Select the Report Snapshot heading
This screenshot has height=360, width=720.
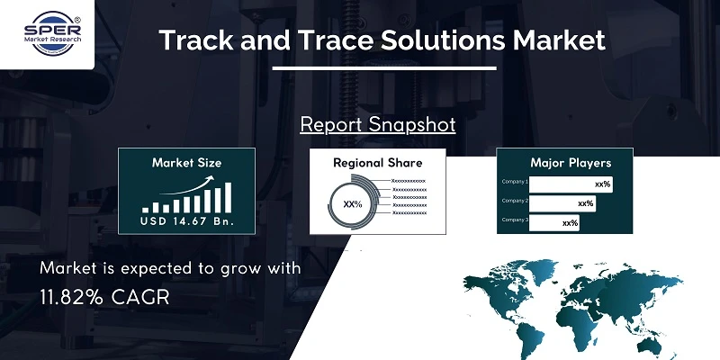tap(378, 124)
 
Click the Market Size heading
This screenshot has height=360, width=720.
tap(186, 163)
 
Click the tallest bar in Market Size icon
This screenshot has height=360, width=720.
tap(228, 195)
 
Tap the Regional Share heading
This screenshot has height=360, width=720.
tap(377, 163)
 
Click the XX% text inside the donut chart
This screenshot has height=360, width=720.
tap(353, 204)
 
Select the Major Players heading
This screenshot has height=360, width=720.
tap(571, 163)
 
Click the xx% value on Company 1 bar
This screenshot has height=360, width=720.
tap(602, 184)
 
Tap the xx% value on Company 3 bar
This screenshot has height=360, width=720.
tap(569, 222)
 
